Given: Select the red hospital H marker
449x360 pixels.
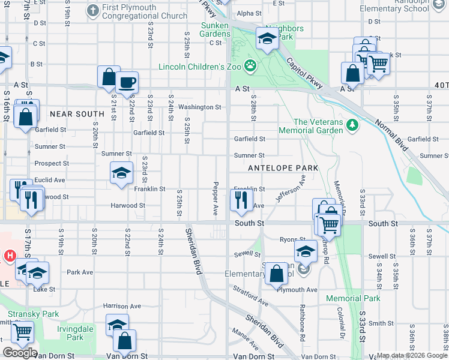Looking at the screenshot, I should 10,256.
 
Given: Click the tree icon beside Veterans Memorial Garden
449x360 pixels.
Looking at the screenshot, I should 354,125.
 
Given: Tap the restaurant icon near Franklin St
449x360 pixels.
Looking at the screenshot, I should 241,199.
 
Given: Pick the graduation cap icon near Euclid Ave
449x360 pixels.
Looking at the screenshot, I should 121,173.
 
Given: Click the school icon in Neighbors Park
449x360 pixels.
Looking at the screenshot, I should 267,40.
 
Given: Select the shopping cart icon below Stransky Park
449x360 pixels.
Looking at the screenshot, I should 22,331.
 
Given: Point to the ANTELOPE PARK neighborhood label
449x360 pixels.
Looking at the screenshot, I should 283,168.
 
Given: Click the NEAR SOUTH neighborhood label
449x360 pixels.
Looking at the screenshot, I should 77,114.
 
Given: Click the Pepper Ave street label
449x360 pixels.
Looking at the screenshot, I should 215,199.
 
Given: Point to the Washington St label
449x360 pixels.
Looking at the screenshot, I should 200,107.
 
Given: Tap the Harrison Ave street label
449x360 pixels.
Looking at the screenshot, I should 122,306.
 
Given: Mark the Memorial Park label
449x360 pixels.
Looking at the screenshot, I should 353,298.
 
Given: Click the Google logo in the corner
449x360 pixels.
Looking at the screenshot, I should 20,353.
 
